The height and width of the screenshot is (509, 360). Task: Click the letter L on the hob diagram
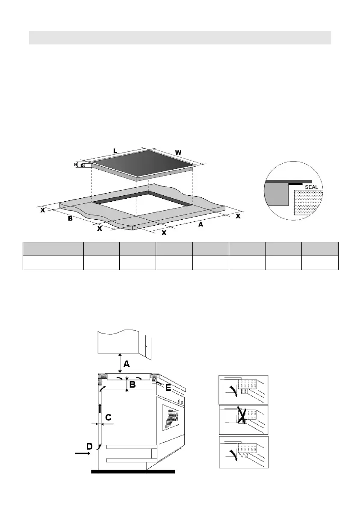click(x=115, y=151)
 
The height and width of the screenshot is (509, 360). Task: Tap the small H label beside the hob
click(x=76, y=164)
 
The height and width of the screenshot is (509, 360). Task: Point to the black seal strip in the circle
click(x=298, y=183)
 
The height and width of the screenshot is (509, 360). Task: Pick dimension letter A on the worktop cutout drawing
click(x=200, y=224)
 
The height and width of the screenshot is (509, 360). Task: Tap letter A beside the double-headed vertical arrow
click(x=127, y=364)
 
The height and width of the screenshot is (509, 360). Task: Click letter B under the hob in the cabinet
click(x=133, y=385)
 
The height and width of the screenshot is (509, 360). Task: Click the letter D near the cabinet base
click(x=89, y=446)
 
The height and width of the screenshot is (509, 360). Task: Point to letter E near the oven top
click(x=168, y=388)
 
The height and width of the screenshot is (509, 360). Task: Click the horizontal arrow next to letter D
click(x=82, y=454)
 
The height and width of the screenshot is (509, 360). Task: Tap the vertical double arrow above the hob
click(x=120, y=363)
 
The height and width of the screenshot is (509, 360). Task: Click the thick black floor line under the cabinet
click(x=133, y=472)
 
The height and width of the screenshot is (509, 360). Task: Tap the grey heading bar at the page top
click(x=180, y=37)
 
